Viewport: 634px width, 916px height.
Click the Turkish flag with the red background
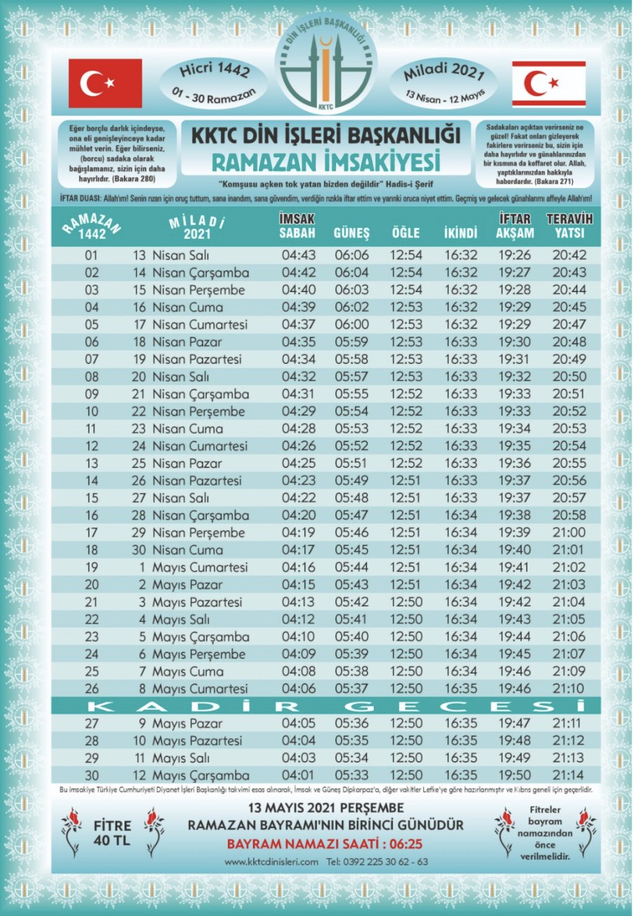point(105,84)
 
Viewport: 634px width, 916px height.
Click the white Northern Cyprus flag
point(549,84)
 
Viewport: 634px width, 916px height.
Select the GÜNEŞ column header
point(351,233)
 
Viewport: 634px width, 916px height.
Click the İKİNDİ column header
point(460,233)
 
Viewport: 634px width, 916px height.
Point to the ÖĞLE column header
point(406,233)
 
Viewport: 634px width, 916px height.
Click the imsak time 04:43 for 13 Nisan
point(298,255)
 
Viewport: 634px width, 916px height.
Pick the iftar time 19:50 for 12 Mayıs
point(515,776)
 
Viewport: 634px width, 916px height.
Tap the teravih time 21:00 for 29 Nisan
point(568,533)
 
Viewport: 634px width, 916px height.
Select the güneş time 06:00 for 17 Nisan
point(352,324)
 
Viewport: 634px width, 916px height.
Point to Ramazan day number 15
point(92,498)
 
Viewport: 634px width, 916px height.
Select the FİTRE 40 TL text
point(112,832)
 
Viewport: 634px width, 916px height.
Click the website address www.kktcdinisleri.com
point(271,862)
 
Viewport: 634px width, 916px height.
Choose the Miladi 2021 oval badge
point(444,82)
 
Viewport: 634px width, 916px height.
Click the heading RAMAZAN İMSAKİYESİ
point(326,162)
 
